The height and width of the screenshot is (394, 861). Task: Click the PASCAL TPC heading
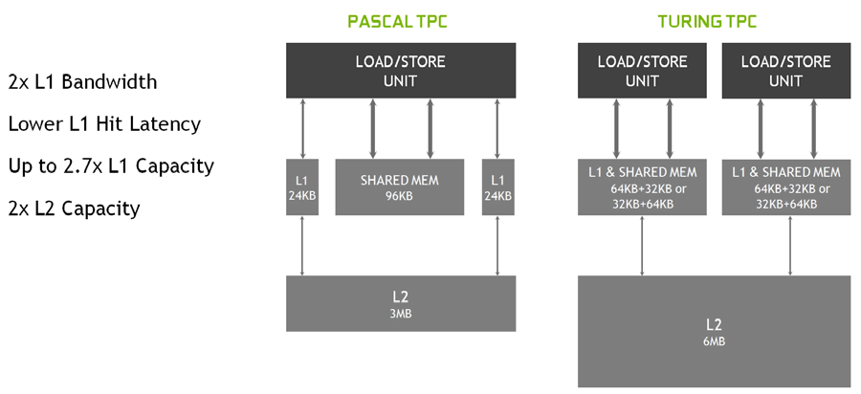click(400, 21)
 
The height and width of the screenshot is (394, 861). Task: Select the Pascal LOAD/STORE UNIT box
click(400, 71)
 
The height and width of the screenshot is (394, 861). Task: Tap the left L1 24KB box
click(302, 187)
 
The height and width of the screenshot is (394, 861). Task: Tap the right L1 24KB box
click(497, 187)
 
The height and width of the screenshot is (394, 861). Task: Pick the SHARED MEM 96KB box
click(399, 187)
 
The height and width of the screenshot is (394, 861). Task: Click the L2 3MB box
click(401, 303)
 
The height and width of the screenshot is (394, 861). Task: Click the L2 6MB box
click(714, 331)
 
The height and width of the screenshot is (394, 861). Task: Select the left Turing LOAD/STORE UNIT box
click(642, 71)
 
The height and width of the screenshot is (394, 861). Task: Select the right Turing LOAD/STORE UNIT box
click(786, 71)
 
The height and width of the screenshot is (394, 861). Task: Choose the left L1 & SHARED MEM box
click(642, 187)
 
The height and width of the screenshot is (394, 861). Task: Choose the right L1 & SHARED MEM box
click(786, 187)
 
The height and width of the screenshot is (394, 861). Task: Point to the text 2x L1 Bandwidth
click(82, 81)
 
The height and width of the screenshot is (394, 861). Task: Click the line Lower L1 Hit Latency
click(104, 123)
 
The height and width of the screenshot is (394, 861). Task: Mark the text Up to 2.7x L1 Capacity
click(111, 165)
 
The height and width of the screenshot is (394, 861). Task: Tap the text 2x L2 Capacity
click(74, 208)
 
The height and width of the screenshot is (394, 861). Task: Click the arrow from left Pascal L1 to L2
click(302, 246)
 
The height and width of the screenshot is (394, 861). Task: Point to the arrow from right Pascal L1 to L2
click(497, 246)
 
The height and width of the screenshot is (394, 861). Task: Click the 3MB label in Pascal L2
click(401, 313)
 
